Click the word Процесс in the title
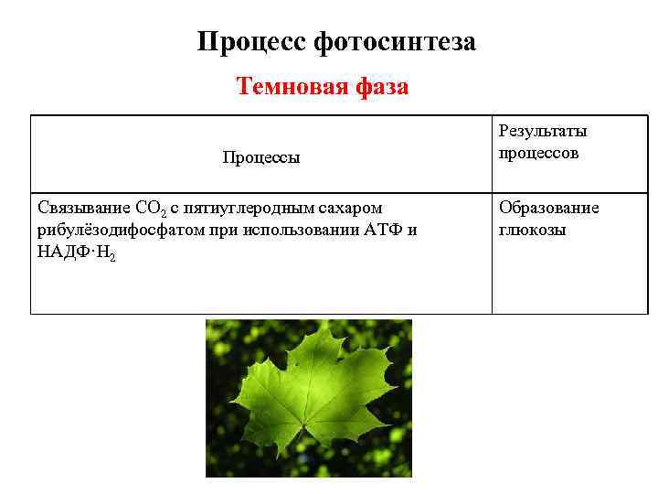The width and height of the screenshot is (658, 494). [251, 42]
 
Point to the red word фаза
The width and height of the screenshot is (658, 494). [379, 87]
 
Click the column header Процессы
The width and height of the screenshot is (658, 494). [260, 157]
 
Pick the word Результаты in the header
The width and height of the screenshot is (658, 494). [543, 132]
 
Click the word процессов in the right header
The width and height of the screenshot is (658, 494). [538, 153]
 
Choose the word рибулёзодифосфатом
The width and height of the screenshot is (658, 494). [116, 230]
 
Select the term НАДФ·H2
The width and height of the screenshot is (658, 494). [77, 252]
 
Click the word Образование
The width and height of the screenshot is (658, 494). [548, 208]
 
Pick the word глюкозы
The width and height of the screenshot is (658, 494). [533, 230]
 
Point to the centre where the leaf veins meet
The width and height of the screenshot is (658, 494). [302, 423]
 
